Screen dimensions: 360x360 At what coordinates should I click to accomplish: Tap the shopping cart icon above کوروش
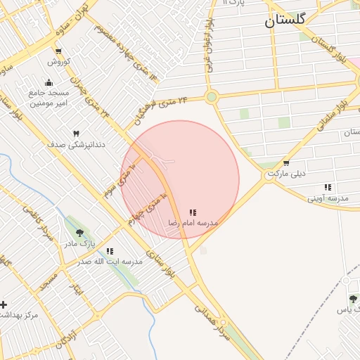click(58, 51)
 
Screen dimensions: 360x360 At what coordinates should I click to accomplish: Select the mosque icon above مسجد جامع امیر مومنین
click(49, 82)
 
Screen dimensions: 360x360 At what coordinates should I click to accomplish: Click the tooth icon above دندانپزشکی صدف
click(76, 133)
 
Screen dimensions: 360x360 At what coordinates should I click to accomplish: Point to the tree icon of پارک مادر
click(79, 233)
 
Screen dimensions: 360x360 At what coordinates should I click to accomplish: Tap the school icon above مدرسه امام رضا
click(193, 212)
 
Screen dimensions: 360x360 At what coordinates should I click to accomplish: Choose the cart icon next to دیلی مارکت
click(286, 163)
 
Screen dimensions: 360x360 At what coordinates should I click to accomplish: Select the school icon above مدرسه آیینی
click(328, 188)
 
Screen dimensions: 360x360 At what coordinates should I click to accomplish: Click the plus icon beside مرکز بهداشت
click(4, 304)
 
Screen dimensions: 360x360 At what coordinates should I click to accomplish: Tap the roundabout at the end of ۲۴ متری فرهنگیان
click(211, 97)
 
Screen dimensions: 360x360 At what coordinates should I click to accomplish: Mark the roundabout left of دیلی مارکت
click(268, 176)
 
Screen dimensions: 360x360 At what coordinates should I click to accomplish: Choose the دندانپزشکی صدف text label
click(76, 144)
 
